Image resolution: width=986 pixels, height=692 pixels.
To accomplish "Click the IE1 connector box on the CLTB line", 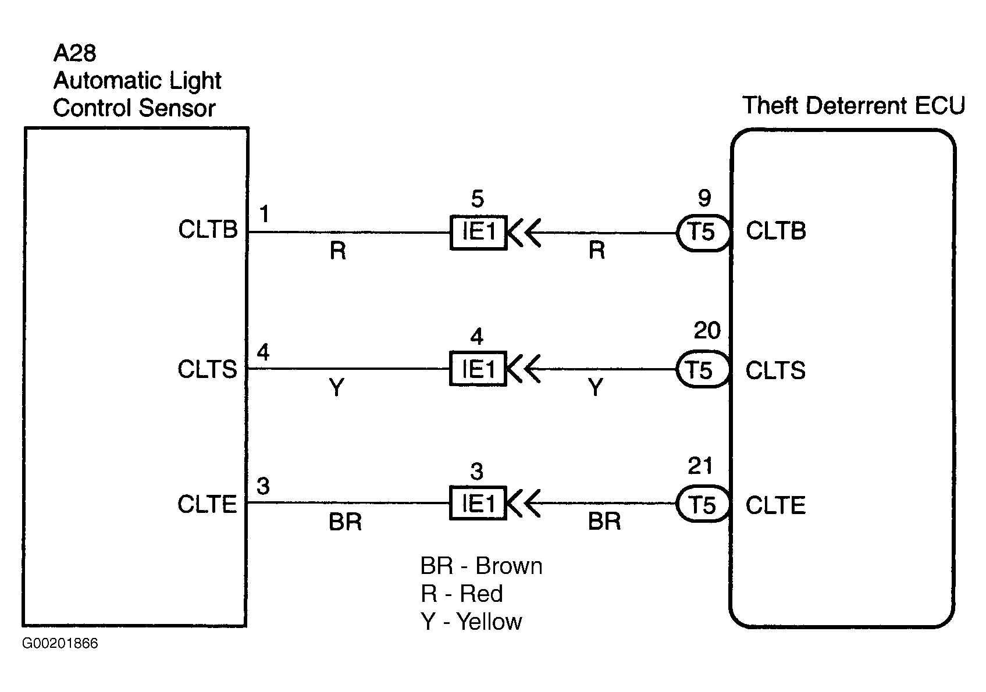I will pyautogui.click(x=478, y=233).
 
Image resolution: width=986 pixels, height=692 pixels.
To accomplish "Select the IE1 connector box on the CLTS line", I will pyautogui.click(x=478, y=369).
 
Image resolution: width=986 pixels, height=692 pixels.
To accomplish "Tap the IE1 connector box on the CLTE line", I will pyautogui.click(x=478, y=503).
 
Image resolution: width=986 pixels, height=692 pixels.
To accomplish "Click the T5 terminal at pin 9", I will pyautogui.click(x=702, y=233).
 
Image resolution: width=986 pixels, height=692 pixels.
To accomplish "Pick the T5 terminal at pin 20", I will pyautogui.click(x=701, y=370).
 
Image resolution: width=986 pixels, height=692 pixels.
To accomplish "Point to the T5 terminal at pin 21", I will pyautogui.click(x=702, y=504).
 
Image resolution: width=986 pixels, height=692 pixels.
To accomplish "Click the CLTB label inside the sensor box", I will pyautogui.click(x=208, y=230).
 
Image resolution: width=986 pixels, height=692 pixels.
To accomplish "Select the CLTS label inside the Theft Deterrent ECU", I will pyautogui.click(x=775, y=370).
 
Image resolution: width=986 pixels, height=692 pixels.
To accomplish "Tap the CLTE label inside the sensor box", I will pyautogui.click(x=207, y=504).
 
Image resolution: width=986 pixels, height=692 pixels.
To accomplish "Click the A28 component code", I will pyautogui.click(x=74, y=53).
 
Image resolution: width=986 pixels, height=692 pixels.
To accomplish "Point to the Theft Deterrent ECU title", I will pyautogui.click(x=853, y=106).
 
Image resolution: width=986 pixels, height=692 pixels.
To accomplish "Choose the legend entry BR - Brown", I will pyautogui.click(x=481, y=566).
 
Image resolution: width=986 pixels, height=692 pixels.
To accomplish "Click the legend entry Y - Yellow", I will pyautogui.click(x=471, y=622).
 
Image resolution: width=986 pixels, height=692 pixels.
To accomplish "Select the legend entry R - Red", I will pyautogui.click(x=462, y=594).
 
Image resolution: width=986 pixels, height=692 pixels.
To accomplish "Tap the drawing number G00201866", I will pyautogui.click(x=60, y=644).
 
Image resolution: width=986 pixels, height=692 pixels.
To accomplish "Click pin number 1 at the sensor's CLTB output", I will pyautogui.click(x=265, y=215).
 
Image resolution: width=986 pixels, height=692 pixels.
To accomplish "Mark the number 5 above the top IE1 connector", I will pyautogui.click(x=477, y=199).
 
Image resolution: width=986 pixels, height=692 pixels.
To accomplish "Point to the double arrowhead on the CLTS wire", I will pyautogui.click(x=524, y=369).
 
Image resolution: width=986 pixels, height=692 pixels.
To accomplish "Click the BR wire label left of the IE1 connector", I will pyautogui.click(x=345, y=522).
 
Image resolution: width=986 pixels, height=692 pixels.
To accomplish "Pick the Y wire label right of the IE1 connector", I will pyautogui.click(x=596, y=387).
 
